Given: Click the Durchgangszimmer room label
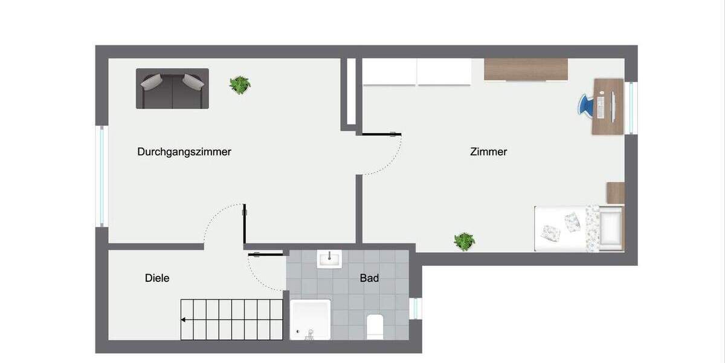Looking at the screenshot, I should [x=184, y=152].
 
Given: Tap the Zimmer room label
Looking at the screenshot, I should [x=488, y=152].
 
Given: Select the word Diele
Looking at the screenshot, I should [x=157, y=278].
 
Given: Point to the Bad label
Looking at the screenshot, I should [x=369, y=278].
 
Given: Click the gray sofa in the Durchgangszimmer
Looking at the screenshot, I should [x=172, y=88].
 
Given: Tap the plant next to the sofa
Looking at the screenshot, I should [x=240, y=85].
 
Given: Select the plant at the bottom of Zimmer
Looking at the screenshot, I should [x=464, y=241].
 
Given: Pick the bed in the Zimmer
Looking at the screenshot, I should [x=578, y=227].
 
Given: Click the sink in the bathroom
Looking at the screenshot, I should [x=329, y=259].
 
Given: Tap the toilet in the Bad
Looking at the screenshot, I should [x=375, y=327].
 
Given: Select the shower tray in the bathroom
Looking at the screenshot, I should [x=310, y=319].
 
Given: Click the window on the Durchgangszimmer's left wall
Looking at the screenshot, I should [x=101, y=176].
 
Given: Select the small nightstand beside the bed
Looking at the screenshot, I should [x=615, y=193].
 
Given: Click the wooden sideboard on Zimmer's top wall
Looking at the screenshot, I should [x=526, y=69].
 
